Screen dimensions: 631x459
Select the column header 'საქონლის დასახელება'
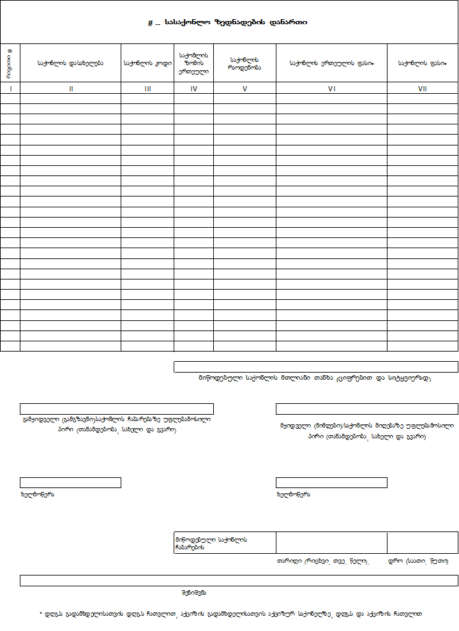click(x=70, y=63)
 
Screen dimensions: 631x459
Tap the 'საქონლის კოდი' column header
click(x=147, y=63)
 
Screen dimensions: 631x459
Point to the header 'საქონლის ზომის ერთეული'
click(x=193, y=63)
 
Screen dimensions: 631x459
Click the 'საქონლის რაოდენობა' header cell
click(x=245, y=63)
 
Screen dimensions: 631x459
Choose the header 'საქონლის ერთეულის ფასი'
click(x=331, y=63)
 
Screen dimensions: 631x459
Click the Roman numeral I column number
click(x=10, y=89)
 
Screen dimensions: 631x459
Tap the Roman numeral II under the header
click(x=71, y=89)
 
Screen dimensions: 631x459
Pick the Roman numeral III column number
click(x=147, y=89)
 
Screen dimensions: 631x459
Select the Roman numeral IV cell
click(x=193, y=89)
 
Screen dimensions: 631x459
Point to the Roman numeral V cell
click(x=245, y=89)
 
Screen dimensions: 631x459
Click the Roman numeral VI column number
click(x=331, y=89)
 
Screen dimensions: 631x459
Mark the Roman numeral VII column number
click(x=422, y=89)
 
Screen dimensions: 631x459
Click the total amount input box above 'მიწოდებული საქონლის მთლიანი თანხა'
click(x=316, y=367)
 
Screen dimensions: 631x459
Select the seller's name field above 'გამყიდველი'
click(x=117, y=409)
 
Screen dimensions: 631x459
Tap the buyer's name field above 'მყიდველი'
click(x=366, y=409)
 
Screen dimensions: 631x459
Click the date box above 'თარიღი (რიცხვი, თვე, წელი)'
click(x=331, y=542)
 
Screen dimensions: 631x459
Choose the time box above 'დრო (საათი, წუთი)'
click(x=422, y=542)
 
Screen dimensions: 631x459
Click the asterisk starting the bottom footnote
click(x=41, y=613)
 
